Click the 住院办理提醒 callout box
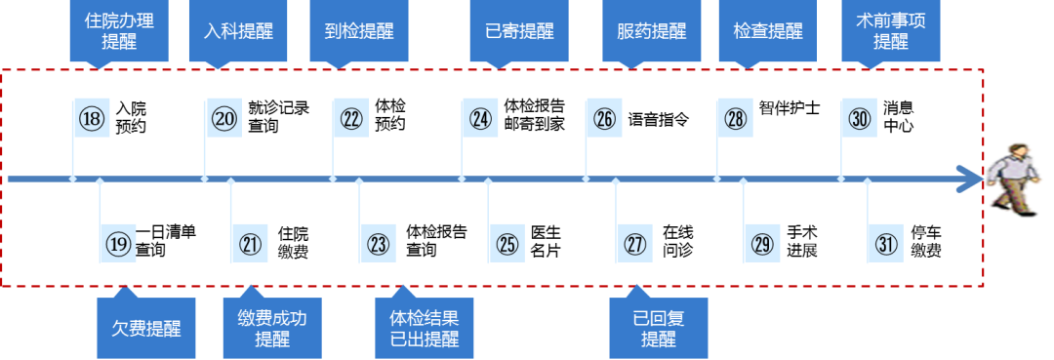119,30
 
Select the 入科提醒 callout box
238,30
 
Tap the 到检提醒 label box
358,30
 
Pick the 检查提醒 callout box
767,30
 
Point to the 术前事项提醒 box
890,30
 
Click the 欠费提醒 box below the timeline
145,327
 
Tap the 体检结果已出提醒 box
425,328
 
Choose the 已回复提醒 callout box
659,328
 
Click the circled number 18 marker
92,119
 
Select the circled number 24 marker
480,119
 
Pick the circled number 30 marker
859,119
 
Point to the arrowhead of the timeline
972,180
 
